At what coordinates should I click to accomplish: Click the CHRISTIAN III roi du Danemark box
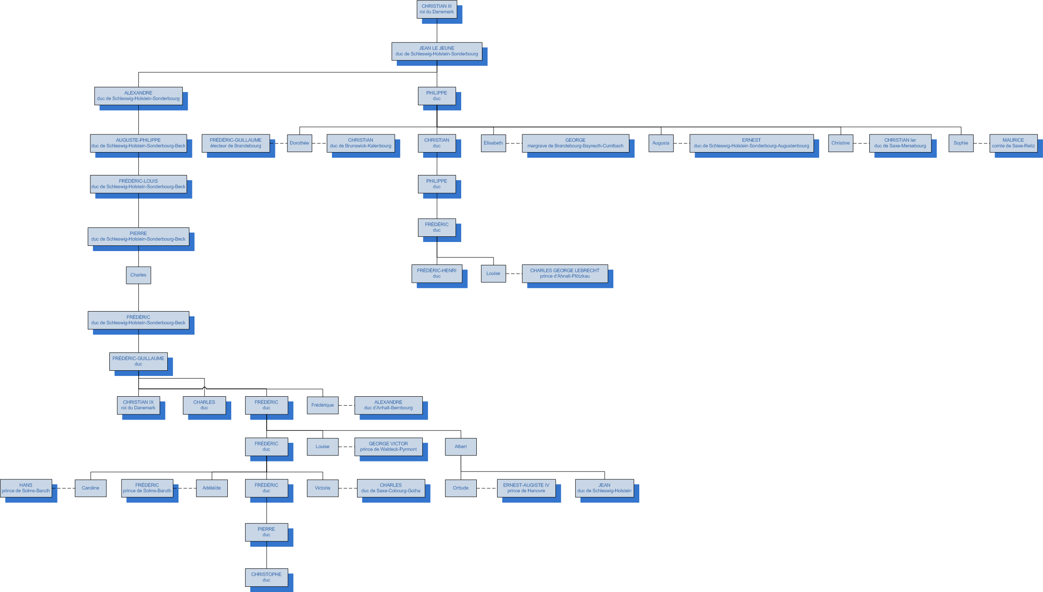pyautogui.click(x=437, y=9)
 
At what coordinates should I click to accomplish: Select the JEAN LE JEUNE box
pyautogui.click(x=437, y=51)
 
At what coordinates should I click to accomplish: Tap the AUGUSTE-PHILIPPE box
pyautogui.click(x=138, y=143)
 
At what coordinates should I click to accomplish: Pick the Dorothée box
pyautogui.click(x=300, y=143)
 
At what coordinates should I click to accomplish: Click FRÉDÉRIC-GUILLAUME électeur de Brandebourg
pyautogui.click(x=236, y=143)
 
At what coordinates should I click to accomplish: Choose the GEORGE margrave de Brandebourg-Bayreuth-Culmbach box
pyautogui.click(x=575, y=143)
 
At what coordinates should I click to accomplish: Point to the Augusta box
pyautogui.click(x=661, y=143)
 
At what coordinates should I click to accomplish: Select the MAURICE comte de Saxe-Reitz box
pyautogui.click(x=1013, y=143)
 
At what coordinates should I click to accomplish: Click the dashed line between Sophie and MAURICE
pyautogui.click(x=981, y=143)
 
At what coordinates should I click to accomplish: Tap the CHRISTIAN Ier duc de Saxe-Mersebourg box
pyautogui.click(x=900, y=143)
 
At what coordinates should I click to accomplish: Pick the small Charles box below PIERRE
pyautogui.click(x=138, y=275)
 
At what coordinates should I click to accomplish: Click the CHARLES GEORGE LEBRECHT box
pyautogui.click(x=565, y=274)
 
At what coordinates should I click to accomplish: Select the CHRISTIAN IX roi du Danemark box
pyautogui.click(x=138, y=405)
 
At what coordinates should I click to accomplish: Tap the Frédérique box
pyautogui.click(x=322, y=405)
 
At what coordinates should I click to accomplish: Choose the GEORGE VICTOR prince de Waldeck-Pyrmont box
pyautogui.click(x=388, y=447)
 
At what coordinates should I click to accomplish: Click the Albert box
pyautogui.click(x=461, y=447)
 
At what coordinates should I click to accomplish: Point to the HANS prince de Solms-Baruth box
pyautogui.click(x=26, y=488)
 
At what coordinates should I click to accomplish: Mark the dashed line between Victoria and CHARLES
pyautogui.click(x=348, y=488)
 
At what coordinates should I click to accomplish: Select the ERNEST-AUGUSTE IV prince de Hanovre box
pyautogui.click(x=526, y=488)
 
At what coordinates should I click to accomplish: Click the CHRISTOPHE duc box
pyautogui.click(x=266, y=577)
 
